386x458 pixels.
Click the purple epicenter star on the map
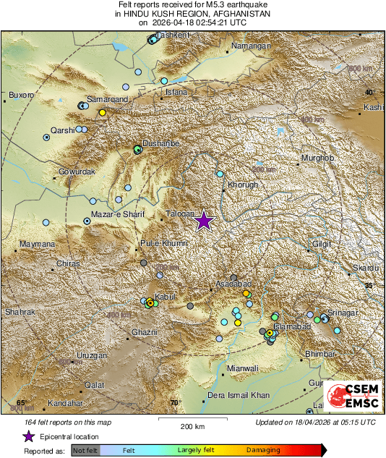coord(204,221)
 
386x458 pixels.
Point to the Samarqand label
coord(107,98)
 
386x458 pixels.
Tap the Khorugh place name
coord(243,185)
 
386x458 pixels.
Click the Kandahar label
coord(67,403)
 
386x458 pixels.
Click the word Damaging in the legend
coord(263,450)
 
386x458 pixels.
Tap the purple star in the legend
coord(28,436)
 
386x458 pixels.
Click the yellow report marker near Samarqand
coord(103,112)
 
